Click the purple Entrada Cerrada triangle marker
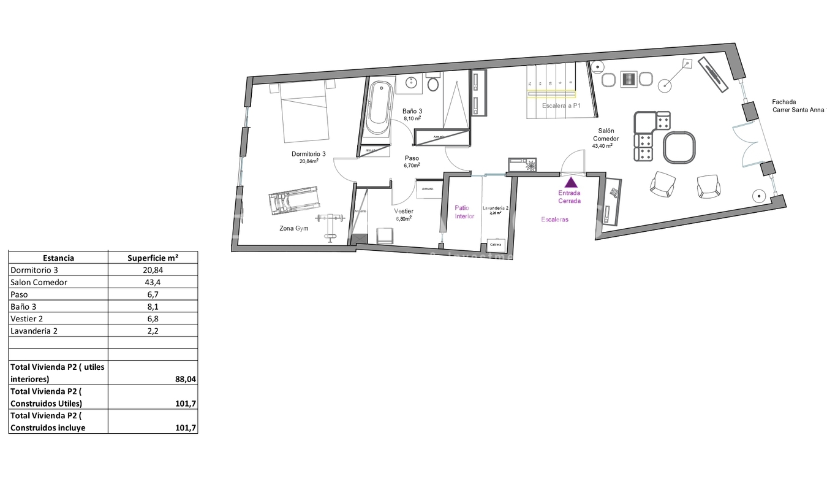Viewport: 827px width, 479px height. (x=570, y=182)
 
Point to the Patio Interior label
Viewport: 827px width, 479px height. (x=464, y=212)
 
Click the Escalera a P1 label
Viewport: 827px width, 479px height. (x=561, y=105)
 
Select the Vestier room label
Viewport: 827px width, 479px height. (x=403, y=214)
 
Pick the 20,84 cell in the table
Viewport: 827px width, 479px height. (x=153, y=270)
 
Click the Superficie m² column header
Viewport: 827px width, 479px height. (x=153, y=258)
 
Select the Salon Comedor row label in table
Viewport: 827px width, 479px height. (x=39, y=282)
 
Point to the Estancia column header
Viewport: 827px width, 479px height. (x=58, y=258)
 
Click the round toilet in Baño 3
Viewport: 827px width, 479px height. (x=434, y=83)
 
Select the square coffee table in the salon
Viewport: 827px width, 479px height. (x=679, y=148)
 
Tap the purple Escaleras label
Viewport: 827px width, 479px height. (x=555, y=219)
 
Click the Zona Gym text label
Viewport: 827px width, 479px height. (x=293, y=229)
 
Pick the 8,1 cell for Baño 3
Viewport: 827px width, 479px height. (x=153, y=307)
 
